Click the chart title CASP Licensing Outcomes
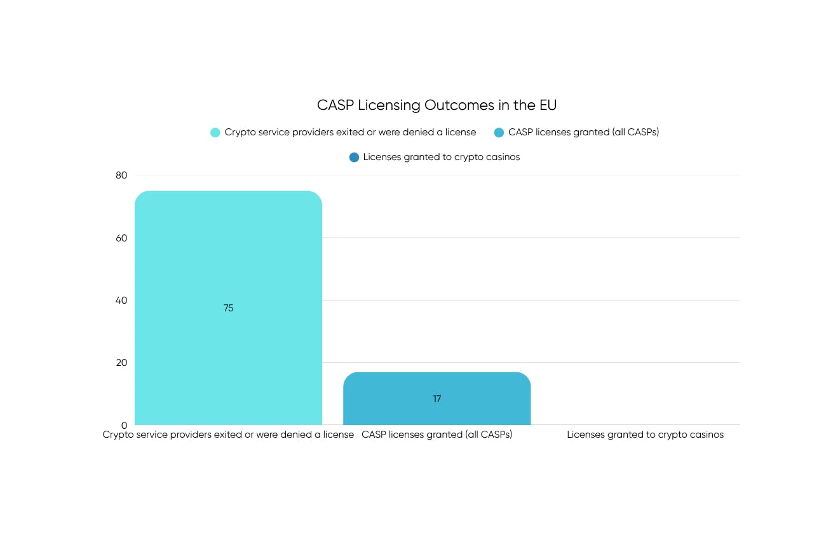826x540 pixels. pos(437,105)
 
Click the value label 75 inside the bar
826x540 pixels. pos(229,308)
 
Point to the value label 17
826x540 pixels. pos(437,399)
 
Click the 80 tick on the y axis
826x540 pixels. pos(121,175)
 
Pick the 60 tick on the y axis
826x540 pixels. pos(121,238)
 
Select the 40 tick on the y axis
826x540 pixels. pos(121,300)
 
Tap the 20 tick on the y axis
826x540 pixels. pos(121,363)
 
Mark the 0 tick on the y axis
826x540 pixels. pos(125,425)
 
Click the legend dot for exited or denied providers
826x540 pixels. pos(215,133)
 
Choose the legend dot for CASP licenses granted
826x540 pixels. pos(499,133)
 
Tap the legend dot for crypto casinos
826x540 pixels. pos(354,158)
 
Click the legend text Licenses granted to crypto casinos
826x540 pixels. pos(442,158)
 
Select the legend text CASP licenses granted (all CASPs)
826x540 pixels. pos(583,133)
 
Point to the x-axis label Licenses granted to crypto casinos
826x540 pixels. pos(645,435)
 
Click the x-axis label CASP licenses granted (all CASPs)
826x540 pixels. pos(437,435)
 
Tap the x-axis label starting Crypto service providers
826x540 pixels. pos(228,435)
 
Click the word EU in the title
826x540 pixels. pos(548,105)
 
